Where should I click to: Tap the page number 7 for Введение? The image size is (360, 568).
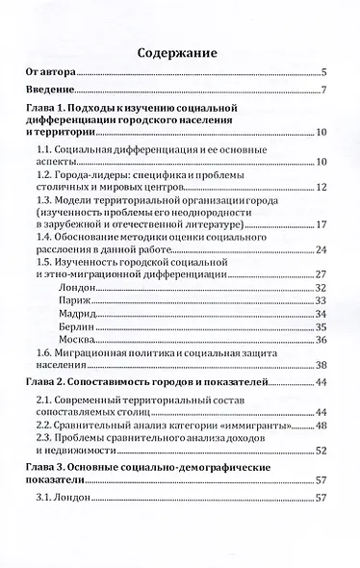pos(325,91)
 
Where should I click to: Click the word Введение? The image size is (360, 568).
pos(54,91)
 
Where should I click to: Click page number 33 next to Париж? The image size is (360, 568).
pos(322,302)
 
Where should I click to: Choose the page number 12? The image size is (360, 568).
pos(322,187)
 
